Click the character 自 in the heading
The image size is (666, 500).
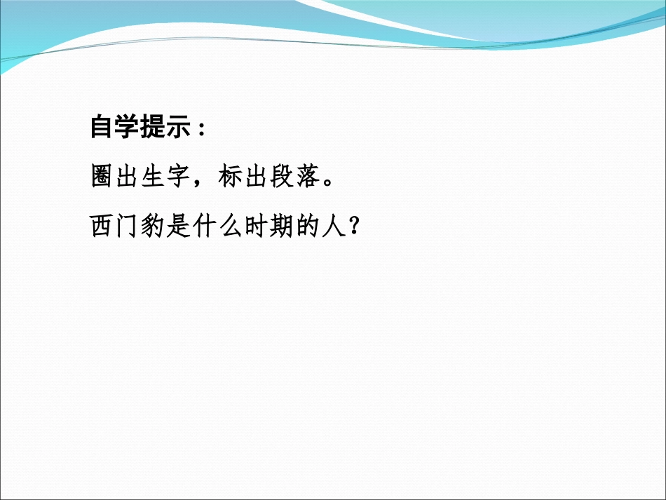point(103,127)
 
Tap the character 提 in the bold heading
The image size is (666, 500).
point(154,127)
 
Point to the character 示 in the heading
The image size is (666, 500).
point(179,127)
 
